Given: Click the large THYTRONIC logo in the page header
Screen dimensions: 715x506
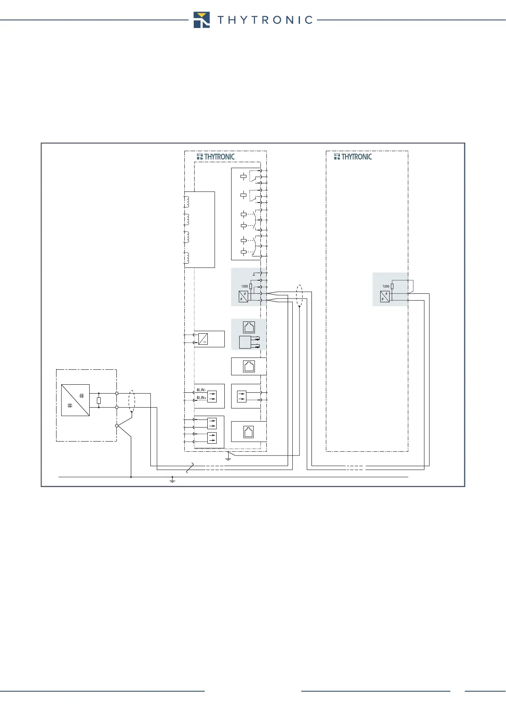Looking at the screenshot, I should coord(253,20).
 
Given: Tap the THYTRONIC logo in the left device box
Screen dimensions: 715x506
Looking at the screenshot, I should coord(216,157).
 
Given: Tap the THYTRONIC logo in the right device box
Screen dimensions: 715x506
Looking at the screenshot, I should coord(353,157).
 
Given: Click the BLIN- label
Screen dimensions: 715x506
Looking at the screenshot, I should coord(201,390).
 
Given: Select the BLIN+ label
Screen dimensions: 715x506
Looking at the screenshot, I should coord(201,398).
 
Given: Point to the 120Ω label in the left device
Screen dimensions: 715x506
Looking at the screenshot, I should coord(245,286).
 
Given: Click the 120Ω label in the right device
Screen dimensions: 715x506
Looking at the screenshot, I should coord(386,286).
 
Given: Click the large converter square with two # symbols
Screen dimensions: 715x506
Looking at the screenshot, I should coord(75,400).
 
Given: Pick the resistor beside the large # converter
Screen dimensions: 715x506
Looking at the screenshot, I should coord(99,400).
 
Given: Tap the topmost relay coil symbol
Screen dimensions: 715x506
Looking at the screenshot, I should coord(243,177).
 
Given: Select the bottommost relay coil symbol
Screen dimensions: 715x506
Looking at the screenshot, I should coord(243,252).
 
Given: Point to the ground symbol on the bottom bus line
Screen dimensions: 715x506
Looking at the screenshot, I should coord(172,480).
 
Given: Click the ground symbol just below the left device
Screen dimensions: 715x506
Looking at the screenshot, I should coord(228,458).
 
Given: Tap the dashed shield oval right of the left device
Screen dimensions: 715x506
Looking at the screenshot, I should coord(299,296).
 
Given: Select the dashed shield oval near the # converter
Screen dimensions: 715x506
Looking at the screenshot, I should coord(132,400).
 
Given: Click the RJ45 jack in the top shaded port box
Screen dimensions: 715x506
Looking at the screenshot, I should coord(249,327).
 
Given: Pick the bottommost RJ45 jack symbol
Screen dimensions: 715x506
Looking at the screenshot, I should coord(249,432).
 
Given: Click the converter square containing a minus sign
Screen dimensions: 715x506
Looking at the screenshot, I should coord(203,339).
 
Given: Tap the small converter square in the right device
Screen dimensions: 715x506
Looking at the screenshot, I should coord(385,296).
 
